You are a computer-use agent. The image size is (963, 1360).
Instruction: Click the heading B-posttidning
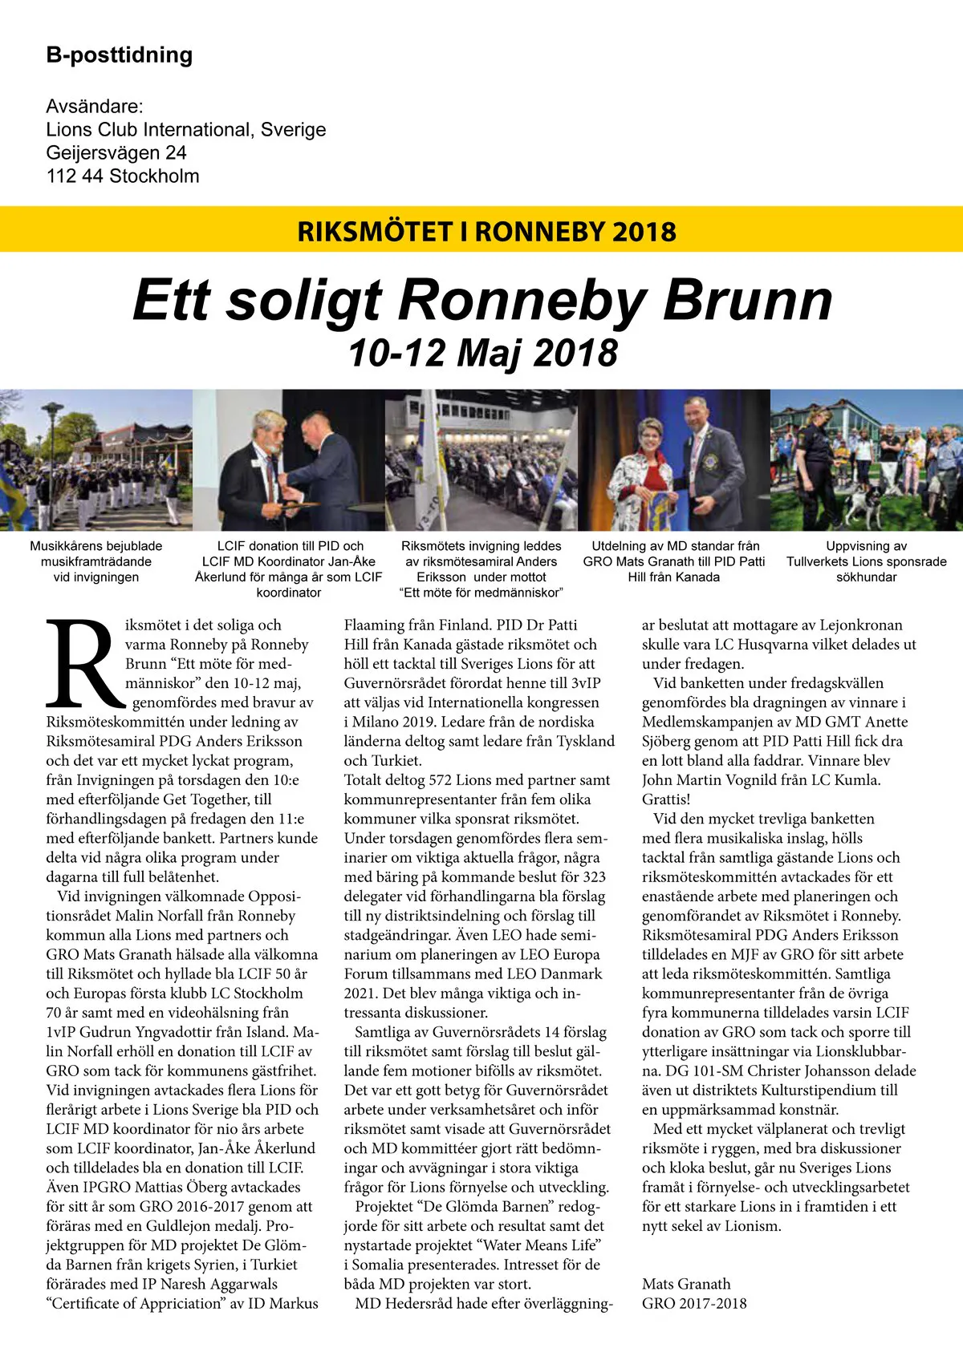120,55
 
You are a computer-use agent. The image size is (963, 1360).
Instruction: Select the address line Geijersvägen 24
116,153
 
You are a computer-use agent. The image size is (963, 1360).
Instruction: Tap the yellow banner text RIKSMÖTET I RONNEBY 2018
486,232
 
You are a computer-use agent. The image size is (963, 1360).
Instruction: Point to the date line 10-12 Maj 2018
482,354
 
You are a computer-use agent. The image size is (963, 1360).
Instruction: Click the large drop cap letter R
83,663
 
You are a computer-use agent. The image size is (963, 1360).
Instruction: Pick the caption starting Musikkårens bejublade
96,561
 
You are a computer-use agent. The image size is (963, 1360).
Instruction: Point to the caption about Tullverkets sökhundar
867,561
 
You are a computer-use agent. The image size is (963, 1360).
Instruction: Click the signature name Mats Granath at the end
686,1284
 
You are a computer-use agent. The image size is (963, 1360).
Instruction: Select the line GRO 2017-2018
694,1304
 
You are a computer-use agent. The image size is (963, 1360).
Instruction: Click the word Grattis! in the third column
666,799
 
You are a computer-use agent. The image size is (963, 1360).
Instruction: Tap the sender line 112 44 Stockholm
123,176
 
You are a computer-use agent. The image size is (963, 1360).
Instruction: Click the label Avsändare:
95,107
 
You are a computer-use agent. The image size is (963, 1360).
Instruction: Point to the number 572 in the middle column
441,780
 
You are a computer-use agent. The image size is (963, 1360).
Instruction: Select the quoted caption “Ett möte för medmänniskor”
481,593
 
